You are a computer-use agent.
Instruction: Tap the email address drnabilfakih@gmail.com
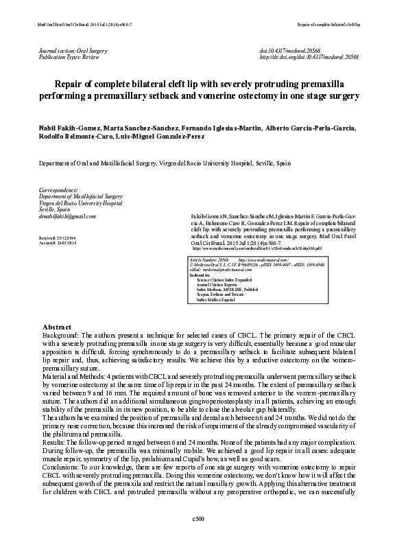coord(68,216)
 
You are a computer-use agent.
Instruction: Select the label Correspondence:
coord(58,189)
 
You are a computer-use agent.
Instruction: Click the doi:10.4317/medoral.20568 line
coord(299,51)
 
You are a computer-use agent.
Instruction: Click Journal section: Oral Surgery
coord(73,51)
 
